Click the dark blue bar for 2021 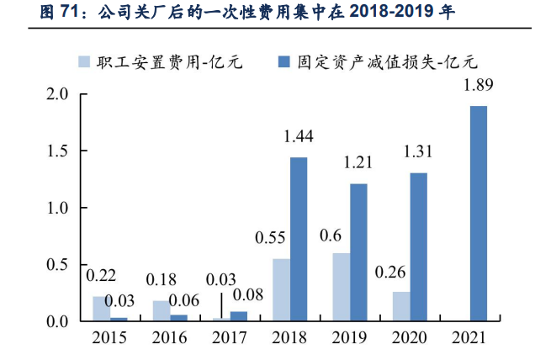click(478, 214)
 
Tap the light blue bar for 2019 click(342, 287)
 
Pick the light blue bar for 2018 click(282, 289)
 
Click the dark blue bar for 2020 click(418, 246)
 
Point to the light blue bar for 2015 click(101, 309)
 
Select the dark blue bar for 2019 click(358, 252)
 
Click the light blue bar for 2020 click(401, 306)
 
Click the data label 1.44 click(298, 136)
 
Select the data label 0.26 click(392, 272)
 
